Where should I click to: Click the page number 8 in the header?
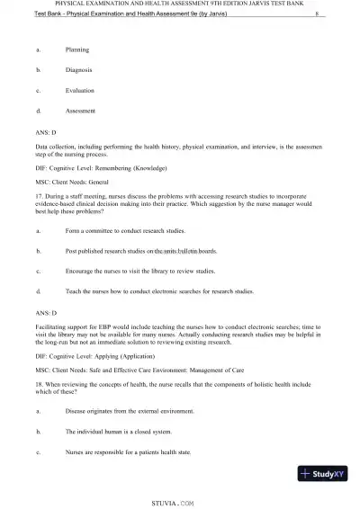click(x=318, y=14)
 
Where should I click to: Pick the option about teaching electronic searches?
click(x=159, y=290)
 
